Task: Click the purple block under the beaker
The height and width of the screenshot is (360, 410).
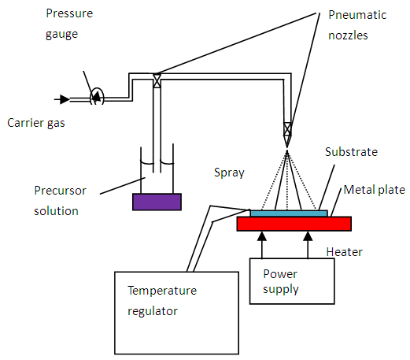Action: (157, 202)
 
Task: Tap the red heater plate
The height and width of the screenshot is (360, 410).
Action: (294, 224)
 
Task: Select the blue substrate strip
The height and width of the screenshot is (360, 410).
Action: (289, 213)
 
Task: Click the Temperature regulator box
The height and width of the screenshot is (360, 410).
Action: (176, 313)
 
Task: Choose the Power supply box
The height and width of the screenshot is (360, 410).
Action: (292, 281)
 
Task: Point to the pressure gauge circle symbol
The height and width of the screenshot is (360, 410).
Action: (97, 96)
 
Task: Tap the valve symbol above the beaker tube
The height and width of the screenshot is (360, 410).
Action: (157, 81)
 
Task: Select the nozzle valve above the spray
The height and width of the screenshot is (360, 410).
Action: (287, 129)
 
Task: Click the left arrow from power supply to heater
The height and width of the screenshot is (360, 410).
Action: (262, 245)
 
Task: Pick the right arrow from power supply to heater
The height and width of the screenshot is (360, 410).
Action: (308, 245)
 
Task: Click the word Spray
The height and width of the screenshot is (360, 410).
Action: (229, 173)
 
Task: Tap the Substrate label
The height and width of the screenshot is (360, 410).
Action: (351, 152)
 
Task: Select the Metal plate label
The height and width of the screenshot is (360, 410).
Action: (375, 190)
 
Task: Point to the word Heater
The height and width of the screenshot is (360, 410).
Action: (344, 252)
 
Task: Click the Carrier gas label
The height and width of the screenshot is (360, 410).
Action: (36, 123)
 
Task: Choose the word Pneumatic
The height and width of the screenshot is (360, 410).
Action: (357, 15)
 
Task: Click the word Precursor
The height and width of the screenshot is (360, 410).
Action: (60, 191)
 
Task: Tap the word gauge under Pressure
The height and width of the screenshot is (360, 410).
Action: (61, 35)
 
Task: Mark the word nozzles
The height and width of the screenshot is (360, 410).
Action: (348, 35)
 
